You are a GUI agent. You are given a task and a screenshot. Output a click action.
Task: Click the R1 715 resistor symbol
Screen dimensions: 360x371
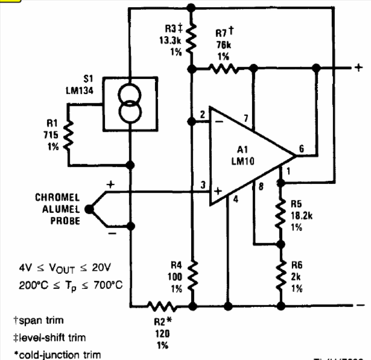click(x=68, y=133)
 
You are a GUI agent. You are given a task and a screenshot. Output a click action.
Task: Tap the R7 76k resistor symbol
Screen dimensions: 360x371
click(x=223, y=68)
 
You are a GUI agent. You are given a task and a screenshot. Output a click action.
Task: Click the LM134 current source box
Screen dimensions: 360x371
click(x=130, y=102)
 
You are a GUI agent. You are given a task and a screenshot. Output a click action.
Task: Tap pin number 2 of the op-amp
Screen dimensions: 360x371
click(x=203, y=114)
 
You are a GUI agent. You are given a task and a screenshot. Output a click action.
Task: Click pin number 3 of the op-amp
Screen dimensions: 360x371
click(x=203, y=185)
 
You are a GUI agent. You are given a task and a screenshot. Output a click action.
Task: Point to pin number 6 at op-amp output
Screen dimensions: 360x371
click(x=302, y=148)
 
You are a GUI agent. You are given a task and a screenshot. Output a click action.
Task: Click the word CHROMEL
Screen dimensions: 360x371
click(x=57, y=197)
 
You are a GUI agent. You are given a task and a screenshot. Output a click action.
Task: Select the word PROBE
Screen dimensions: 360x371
click(x=65, y=221)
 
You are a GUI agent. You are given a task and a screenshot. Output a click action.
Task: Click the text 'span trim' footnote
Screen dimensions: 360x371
click(x=36, y=321)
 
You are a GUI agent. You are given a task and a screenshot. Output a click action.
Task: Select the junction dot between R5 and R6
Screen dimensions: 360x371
click(x=281, y=243)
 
